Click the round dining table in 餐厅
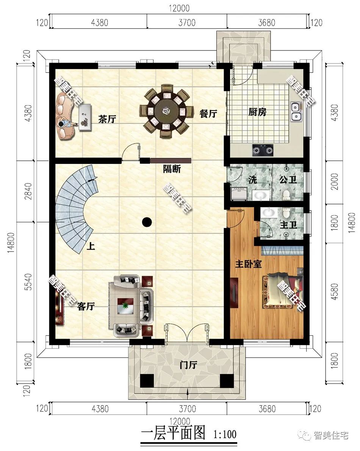tap(164, 111)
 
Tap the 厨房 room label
tap(257, 112)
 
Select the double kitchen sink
tap(296, 111)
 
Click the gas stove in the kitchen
tap(263, 150)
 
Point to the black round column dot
tap(147, 222)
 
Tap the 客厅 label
tap(86, 306)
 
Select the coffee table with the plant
tap(125, 305)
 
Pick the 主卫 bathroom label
tap(288, 225)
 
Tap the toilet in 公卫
tap(287, 196)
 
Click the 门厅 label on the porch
tap(188, 365)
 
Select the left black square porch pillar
tap(147, 381)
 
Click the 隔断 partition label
tap(172, 169)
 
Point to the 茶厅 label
tap(107, 119)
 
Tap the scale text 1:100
tap(225, 434)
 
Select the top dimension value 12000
tap(179, 8)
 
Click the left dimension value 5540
tap(28, 282)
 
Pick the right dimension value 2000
tap(335, 181)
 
